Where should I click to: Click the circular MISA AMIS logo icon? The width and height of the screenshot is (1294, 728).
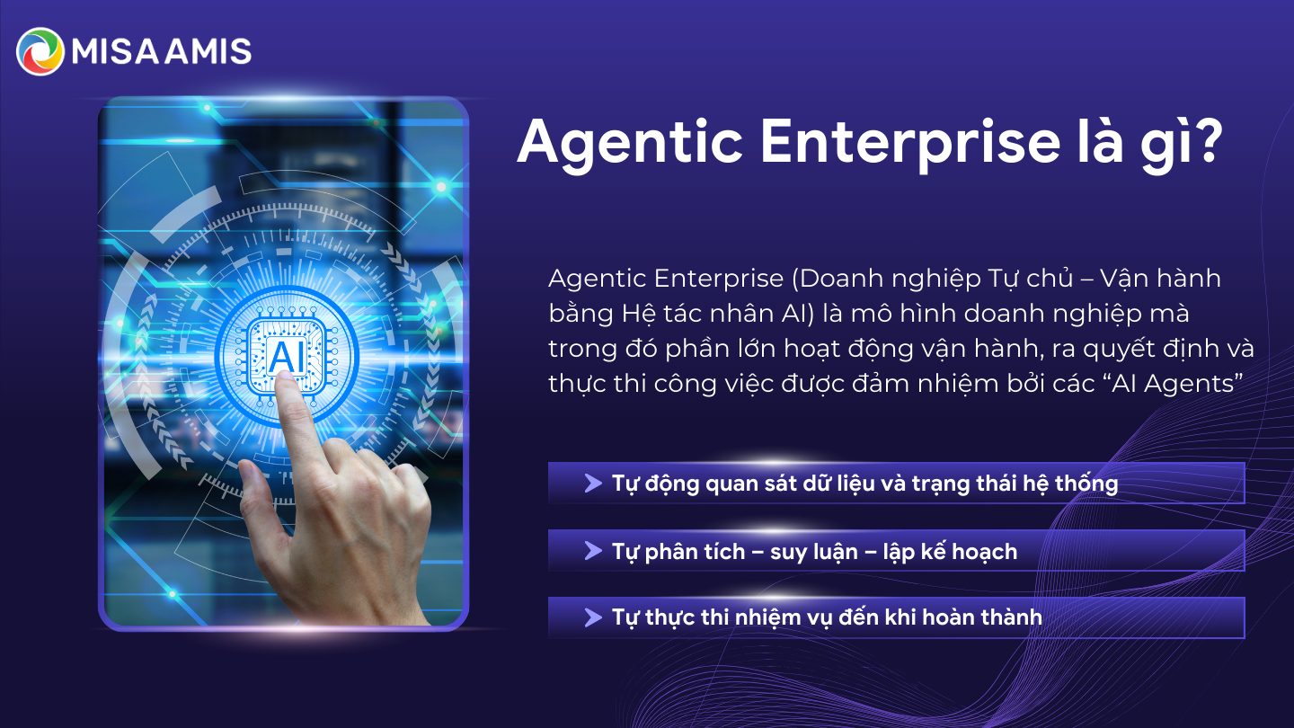click(x=40, y=51)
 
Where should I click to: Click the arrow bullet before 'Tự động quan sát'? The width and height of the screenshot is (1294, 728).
click(x=592, y=484)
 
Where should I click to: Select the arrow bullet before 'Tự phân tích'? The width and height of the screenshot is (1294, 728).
click(x=592, y=550)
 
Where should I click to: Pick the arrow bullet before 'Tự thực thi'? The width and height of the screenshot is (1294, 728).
click(x=592, y=617)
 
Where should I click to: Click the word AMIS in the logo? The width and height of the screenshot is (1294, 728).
click(x=212, y=51)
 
